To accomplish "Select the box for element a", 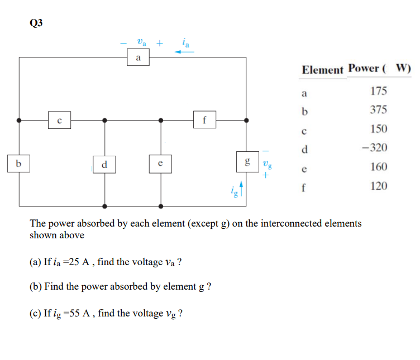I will click(x=139, y=57).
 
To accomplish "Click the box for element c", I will click(x=59, y=119).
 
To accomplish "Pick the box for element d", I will click(x=104, y=165).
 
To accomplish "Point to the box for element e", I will click(x=160, y=164).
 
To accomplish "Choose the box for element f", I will click(x=204, y=119).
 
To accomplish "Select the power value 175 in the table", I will click(x=379, y=91).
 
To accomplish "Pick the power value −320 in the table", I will click(x=375, y=148).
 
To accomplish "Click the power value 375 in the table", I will click(x=379, y=110).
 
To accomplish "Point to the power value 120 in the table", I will click(x=379, y=186).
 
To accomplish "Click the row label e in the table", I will click(x=304, y=167).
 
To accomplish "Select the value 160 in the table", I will click(x=379, y=167).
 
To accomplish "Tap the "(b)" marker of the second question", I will click(x=36, y=287).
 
